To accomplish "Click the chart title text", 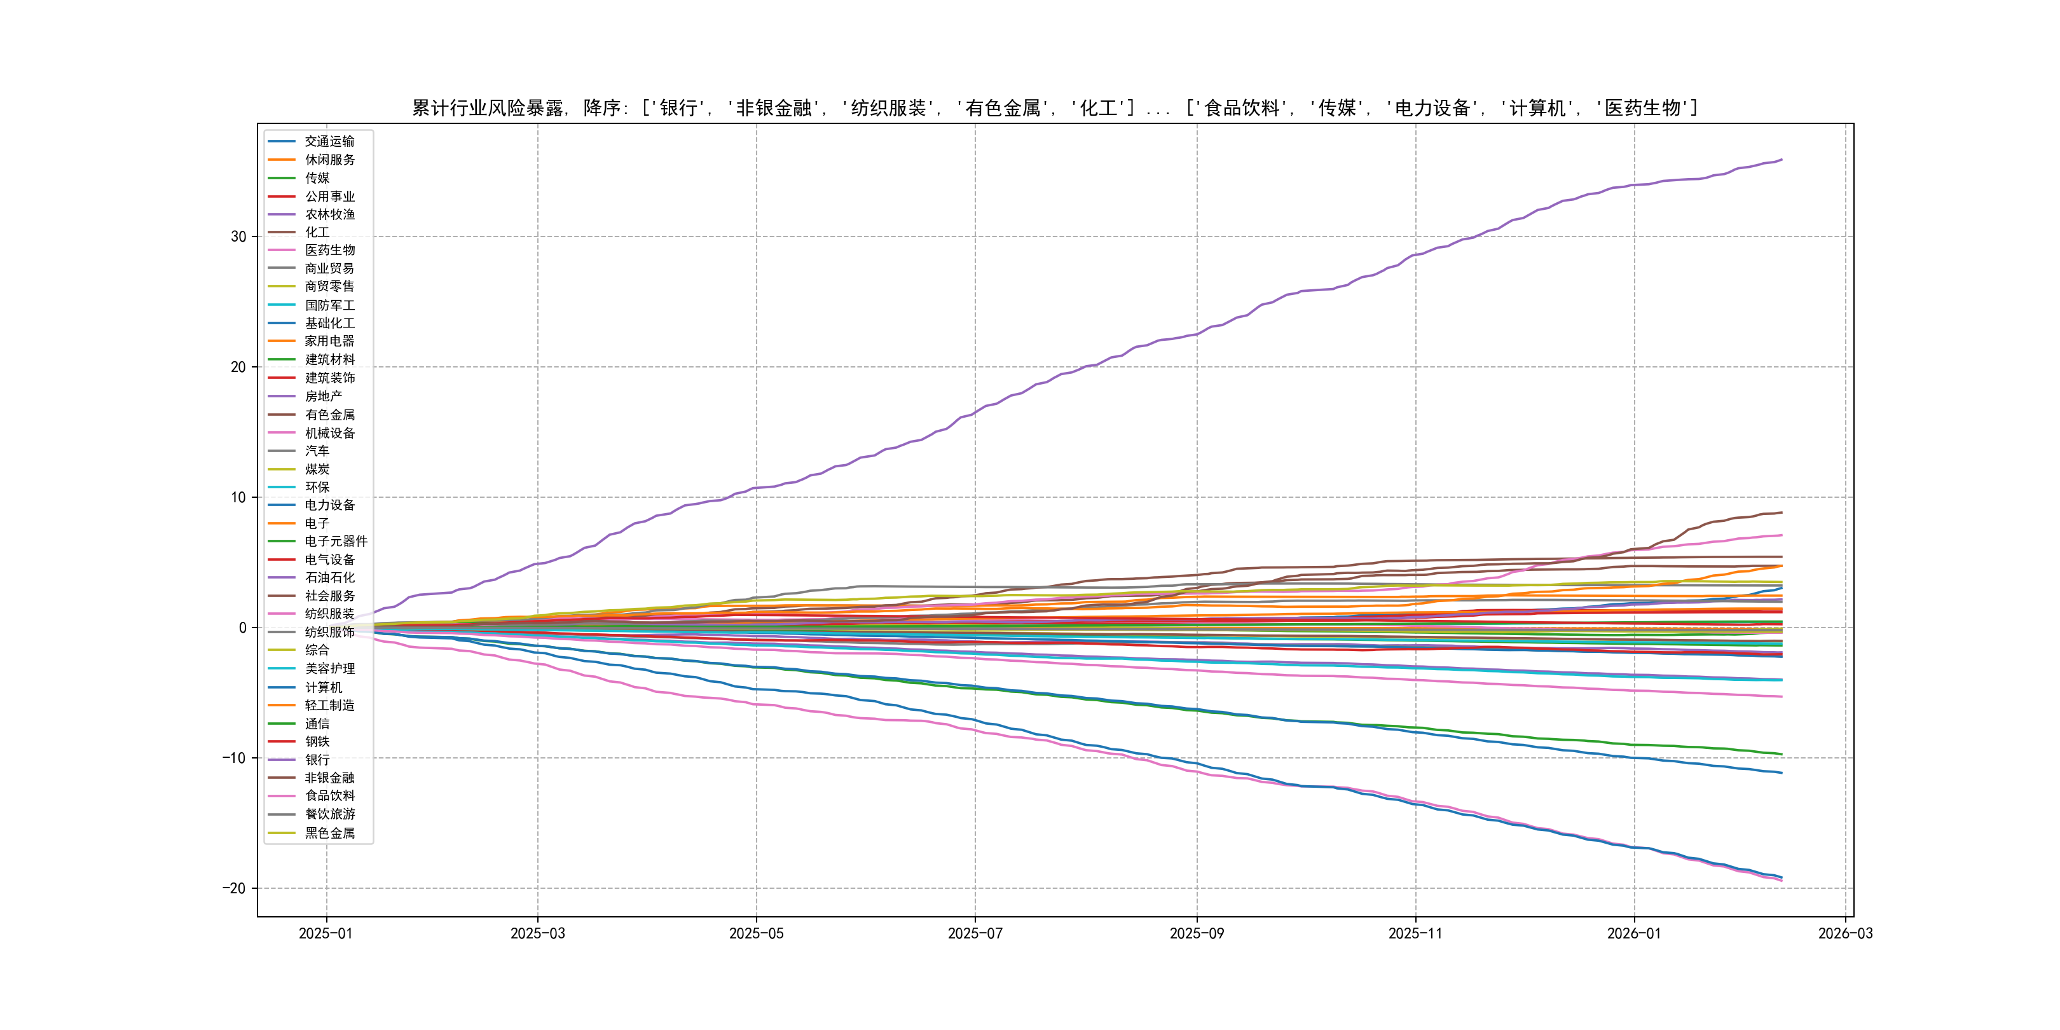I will pyautogui.click(x=1055, y=108).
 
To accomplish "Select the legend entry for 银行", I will pyautogui.click(x=317, y=760).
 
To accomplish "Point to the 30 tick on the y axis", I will pyautogui.click(x=238, y=237).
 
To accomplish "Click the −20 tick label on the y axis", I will pyautogui.click(x=235, y=888).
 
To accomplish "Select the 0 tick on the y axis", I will pyautogui.click(x=242, y=628).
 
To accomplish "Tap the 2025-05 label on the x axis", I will pyautogui.click(x=756, y=933).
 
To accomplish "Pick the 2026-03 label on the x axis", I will pyautogui.click(x=1845, y=933).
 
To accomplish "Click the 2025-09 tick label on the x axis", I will pyautogui.click(x=1197, y=933).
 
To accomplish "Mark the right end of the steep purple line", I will pyautogui.click(x=1782, y=160).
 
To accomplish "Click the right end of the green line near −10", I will pyautogui.click(x=1782, y=754).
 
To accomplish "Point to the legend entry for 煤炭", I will pyautogui.click(x=317, y=469).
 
